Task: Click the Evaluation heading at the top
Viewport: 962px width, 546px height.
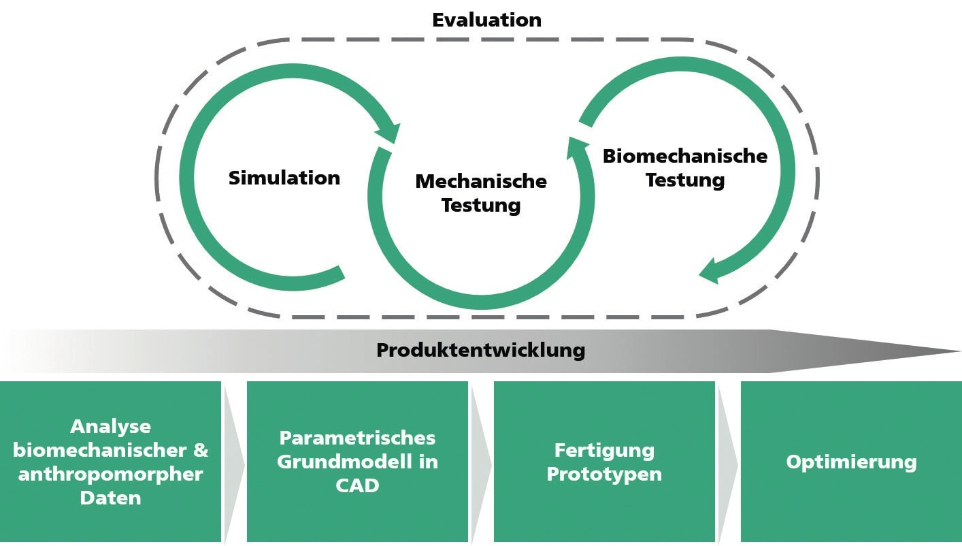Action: pos(486,20)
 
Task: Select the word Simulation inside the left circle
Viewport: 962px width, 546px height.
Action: pos(284,178)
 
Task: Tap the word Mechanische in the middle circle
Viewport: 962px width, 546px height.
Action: pos(481,182)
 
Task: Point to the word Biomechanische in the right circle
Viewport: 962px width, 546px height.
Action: pos(685,156)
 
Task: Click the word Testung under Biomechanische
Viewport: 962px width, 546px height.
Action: pos(685,180)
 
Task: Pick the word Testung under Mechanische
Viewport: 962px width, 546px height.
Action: pos(481,205)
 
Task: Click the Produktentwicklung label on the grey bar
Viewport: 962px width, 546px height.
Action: pos(480,351)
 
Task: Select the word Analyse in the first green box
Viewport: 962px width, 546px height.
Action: pos(111,427)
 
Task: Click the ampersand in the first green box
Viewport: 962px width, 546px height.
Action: pos(201,450)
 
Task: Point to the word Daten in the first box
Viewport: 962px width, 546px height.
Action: pos(111,498)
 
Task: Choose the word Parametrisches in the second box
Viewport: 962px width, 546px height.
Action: pos(357,437)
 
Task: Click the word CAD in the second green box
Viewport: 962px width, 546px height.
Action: pos(357,485)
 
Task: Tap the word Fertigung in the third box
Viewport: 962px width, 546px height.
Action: pos(604,450)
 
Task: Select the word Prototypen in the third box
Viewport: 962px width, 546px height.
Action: pos(604,474)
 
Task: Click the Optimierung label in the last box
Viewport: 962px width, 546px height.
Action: pos(851,462)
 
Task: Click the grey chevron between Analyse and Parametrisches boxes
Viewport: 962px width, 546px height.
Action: pos(233,462)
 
